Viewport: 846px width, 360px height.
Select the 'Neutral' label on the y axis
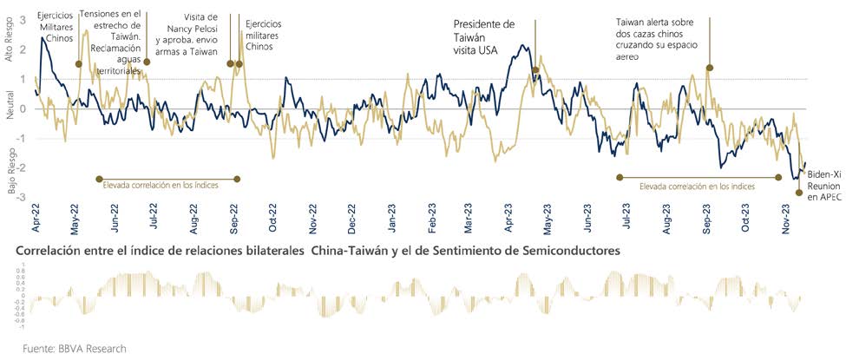click(10, 108)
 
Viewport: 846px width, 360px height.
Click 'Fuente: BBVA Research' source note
click(75, 349)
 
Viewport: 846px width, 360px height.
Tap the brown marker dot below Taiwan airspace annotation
click(709, 68)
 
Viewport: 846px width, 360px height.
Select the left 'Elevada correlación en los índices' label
click(160, 186)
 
